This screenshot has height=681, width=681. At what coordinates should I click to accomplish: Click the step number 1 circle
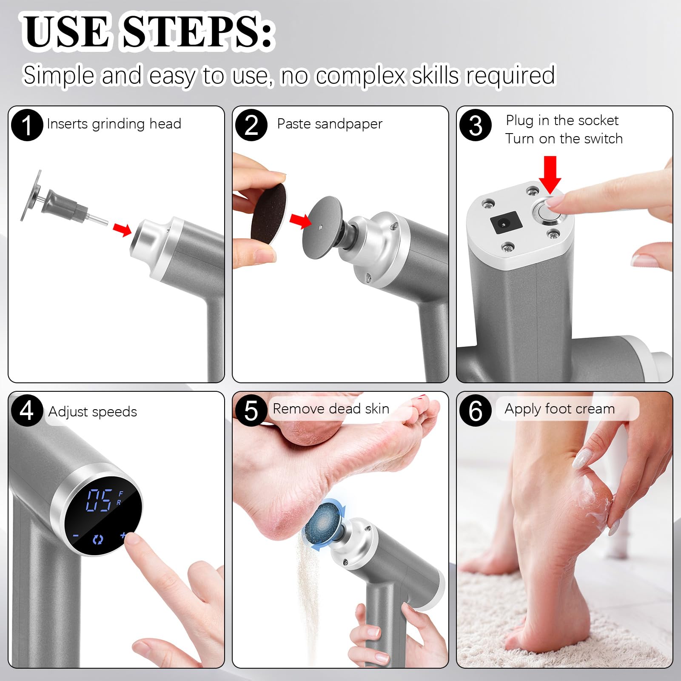pyautogui.click(x=27, y=125)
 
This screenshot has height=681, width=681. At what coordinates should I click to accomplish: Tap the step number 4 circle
pyautogui.click(x=27, y=410)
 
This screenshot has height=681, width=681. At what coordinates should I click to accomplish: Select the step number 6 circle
pyautogui.click(x=476, y=410)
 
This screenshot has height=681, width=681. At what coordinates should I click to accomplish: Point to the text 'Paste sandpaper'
pyautogui.click(x=329, y=124)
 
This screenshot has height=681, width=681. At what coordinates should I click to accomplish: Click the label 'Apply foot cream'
pyautogui.click(x=559, y=409)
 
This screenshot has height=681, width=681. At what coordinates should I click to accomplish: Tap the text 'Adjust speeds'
pyautogui.click(x=92, y=412)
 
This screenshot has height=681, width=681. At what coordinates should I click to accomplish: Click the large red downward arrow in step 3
pyautogui.click(x=550, y=174)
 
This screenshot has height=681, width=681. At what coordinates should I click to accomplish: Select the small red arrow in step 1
pyautogui.click(x=122, y=229)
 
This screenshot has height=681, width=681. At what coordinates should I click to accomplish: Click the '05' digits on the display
pyautogui.click(x=100, y=500)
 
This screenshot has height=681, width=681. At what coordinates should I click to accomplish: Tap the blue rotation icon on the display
pyautogui.click(x=98, y=540)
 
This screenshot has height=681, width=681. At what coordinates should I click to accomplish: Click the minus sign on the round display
pyautogui.click(x=76, y=536)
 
